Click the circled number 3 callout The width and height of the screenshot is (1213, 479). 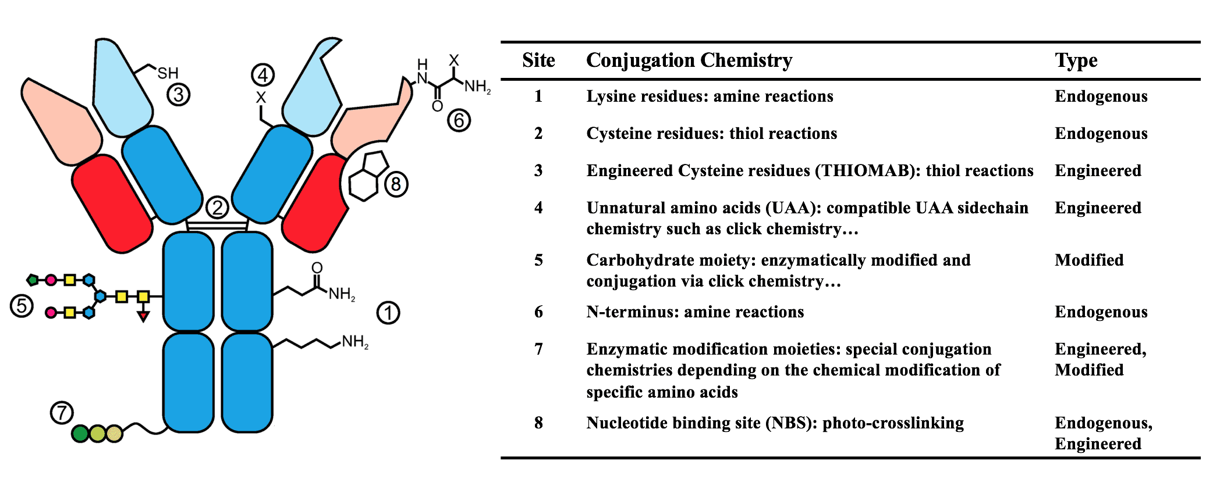pyautogui.click(x=179, y=94)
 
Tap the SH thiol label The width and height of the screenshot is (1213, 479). pyautogui.click(x=168, y=73)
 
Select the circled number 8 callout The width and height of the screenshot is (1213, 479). pyautogui.click(x=396, y=185)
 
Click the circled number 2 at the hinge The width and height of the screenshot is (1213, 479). pyautogui.click(x=217, y=207)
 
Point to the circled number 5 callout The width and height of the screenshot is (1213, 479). pyautogui.click(x=22, y=306)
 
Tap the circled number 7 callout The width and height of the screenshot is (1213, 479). pyautogui.click(x=61, y=413)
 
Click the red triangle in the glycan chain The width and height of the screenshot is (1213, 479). pyautogui.click(x=143, y=316)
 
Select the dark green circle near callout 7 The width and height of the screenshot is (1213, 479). pyautogui.click(x=80, y=433)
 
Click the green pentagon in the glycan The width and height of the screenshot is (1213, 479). pyautogui.click(x=33, y=280)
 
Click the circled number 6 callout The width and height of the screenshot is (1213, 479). pyautogui.click(x=459, y=120)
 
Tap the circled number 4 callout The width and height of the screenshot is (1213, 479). pyautogui.click(x=263, y=75)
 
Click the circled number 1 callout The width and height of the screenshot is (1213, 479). pyautogui.click(x=388, y=313)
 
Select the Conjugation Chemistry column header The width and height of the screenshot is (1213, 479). pyautogui.click(x=689, y=60)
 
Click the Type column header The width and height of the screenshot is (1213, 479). pyautogui.click(x=1076, y=60)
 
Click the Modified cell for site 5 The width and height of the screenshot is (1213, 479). pyautogui.click(x=1089, y=260)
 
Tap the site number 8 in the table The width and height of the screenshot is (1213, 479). pyautogui.click(x=538, y=423)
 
